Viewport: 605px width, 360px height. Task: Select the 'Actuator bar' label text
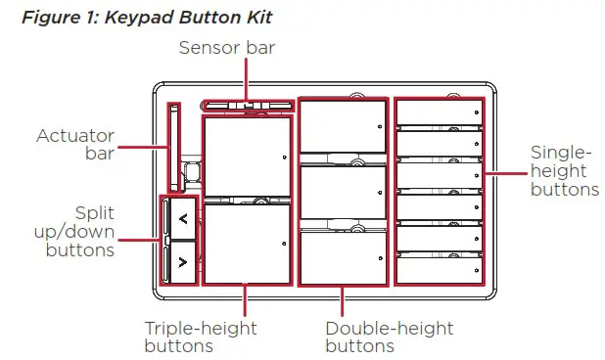(75, 144)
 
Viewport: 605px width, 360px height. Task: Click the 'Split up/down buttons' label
(80, 231)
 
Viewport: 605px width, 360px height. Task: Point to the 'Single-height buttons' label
(563, 171)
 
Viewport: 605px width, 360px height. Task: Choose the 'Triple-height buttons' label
(200, 337)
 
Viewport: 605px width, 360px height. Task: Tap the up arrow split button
(182, 219)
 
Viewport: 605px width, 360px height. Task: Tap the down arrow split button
(182, 261)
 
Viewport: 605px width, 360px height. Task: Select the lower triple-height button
(247, 243)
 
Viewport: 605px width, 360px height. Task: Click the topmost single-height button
(439, 112)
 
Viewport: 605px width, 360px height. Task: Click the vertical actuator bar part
(173, 147)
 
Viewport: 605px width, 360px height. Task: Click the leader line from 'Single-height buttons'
(506, 173)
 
